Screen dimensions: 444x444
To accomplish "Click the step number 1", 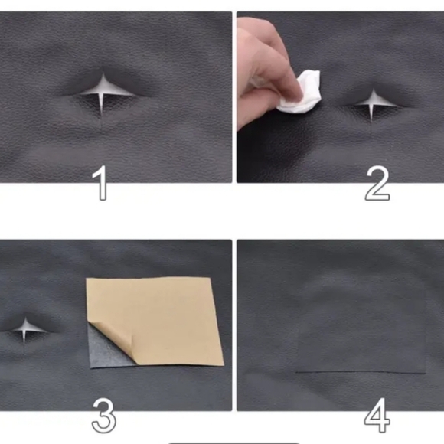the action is [100, 183].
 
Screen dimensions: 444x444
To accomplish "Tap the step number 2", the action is [377, 184].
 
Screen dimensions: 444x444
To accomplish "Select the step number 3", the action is [103, 415].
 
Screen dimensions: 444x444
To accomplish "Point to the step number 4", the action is [377, 415].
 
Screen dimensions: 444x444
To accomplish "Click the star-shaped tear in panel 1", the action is [102, 93].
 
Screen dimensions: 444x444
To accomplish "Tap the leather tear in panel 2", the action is [374, 104].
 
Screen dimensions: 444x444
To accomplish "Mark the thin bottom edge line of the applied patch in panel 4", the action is [361, 373].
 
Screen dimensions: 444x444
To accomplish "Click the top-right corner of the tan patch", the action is [211, 278].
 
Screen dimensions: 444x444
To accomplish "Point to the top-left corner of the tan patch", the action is [86, 279].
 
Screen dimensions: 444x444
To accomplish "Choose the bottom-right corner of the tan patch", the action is [224, 364].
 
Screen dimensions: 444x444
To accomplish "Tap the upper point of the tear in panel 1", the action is [103, 74].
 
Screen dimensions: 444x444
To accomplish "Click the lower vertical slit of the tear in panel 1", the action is [101, 106].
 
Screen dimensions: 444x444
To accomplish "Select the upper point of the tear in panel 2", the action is [374, 90].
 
